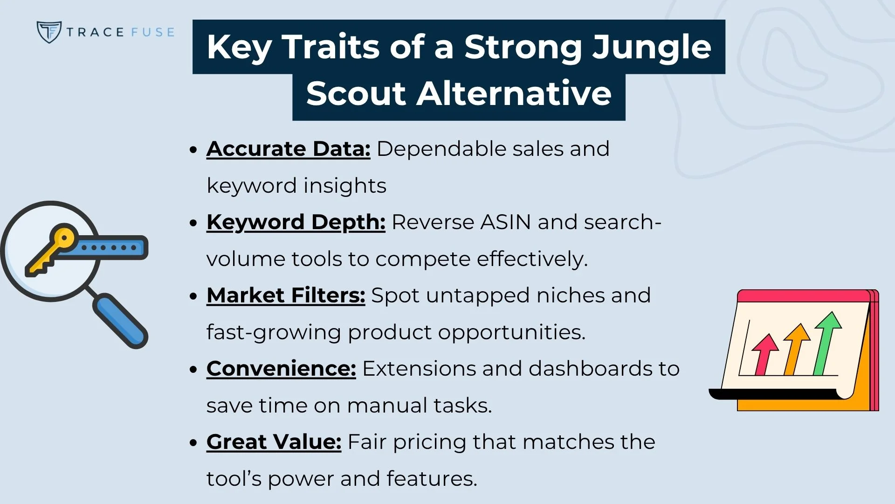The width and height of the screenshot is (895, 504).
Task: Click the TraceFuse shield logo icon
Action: point(48,32)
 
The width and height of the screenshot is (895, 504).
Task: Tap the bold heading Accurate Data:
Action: point(288,149)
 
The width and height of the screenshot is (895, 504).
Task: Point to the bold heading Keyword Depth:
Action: point(296,222)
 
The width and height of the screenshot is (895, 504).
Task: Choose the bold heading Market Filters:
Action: point(285,295)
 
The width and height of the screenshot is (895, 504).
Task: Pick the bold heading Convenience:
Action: point(281,369)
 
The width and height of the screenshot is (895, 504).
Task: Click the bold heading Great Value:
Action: point(274,442)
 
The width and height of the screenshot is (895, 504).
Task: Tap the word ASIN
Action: point(506,222)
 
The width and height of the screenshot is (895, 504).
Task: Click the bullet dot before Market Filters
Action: point(194,296)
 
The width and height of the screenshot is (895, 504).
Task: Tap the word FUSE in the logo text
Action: point(152,32)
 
